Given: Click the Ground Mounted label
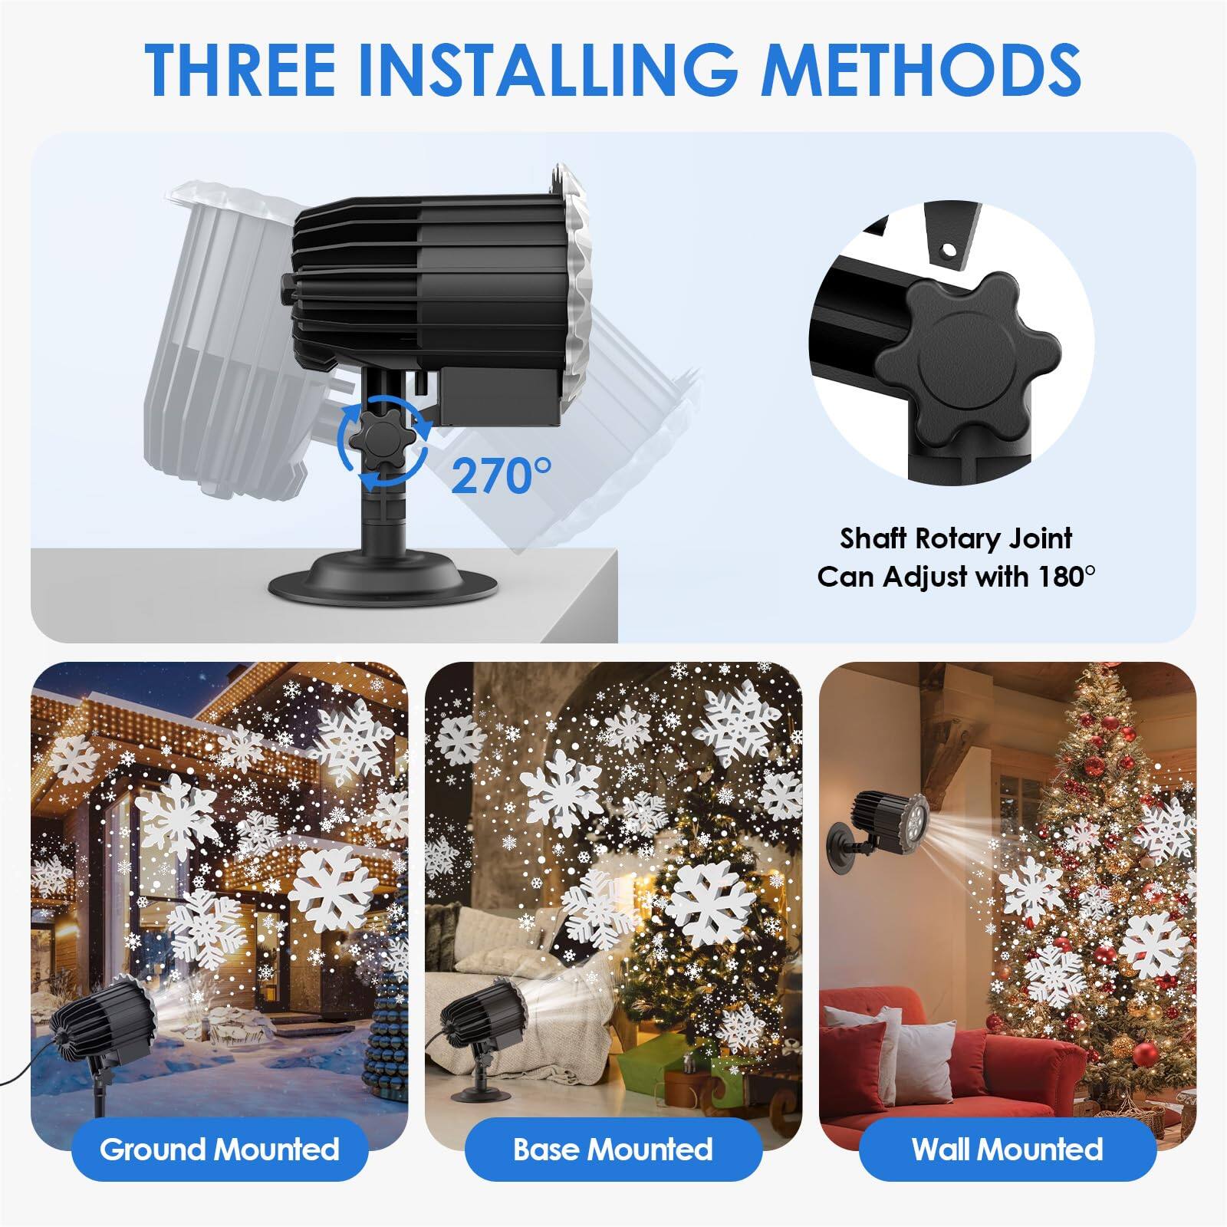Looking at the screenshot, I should tap(220, 1150).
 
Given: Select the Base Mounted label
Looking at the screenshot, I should tap(613, 1150).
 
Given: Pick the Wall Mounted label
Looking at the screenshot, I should tap(1007, 1150).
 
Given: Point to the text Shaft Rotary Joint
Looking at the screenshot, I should tap(956, 538).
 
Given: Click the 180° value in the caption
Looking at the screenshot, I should tap(1067, 576).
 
